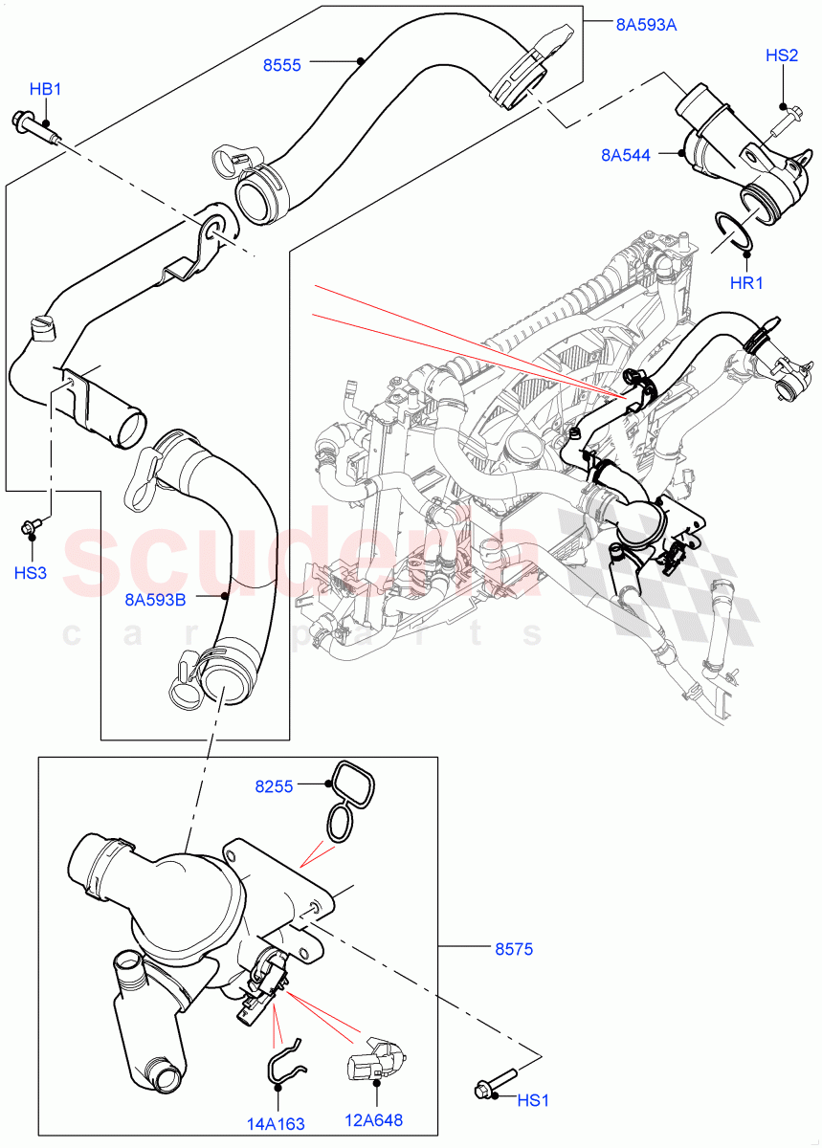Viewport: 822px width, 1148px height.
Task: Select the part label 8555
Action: [x=282, y=65]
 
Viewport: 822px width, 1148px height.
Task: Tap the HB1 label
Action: [x=45, y=90]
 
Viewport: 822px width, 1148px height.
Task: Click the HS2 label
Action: [x=782, y=56]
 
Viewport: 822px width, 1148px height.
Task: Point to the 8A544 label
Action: [x=626, y=155]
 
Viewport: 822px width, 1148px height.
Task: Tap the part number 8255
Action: [x=274, y=786]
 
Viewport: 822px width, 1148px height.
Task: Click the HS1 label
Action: [x=532, y=1101]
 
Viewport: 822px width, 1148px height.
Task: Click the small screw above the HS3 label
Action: [x=32, y=525]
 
